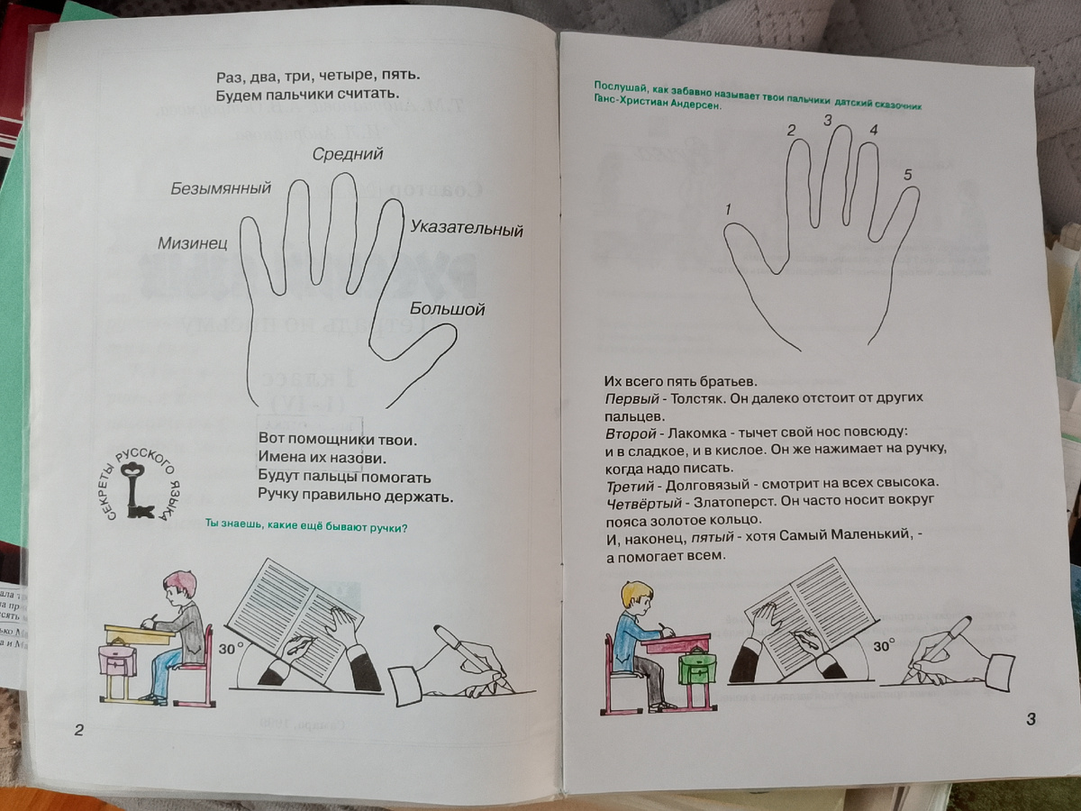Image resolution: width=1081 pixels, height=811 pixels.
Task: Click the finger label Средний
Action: (348, 154)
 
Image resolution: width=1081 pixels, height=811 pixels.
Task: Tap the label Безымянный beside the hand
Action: (222, 188)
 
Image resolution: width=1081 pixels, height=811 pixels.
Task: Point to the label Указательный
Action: (466, 230)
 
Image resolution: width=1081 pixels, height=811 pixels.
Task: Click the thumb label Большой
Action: (447, 310)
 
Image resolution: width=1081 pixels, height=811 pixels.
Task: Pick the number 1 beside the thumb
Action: (727, 210)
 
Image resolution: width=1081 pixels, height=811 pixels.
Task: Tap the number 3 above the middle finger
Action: (827, 120)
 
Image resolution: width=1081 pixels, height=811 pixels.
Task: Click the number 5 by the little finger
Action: (907, 175)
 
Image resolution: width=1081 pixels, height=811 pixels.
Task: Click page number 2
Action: (78, 730)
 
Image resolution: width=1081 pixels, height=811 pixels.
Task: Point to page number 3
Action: (1031, 719)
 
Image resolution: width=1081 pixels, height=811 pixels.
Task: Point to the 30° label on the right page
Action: (884, 646)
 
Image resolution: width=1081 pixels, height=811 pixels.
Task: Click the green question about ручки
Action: (306, 527)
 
